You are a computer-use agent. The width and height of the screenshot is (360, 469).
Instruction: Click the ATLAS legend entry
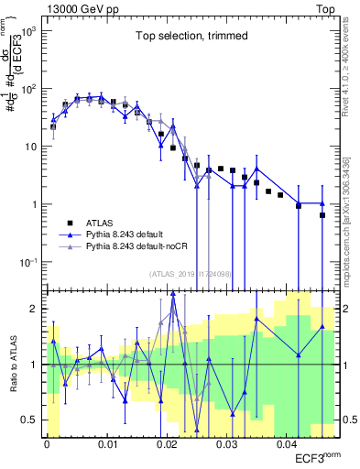[100, 223]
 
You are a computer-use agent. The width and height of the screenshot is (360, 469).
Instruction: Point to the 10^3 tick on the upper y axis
[28, 31]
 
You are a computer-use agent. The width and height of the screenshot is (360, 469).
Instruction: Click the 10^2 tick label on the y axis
[28, 89]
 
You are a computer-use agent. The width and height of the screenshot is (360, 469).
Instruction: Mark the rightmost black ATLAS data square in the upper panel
[322, 215]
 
